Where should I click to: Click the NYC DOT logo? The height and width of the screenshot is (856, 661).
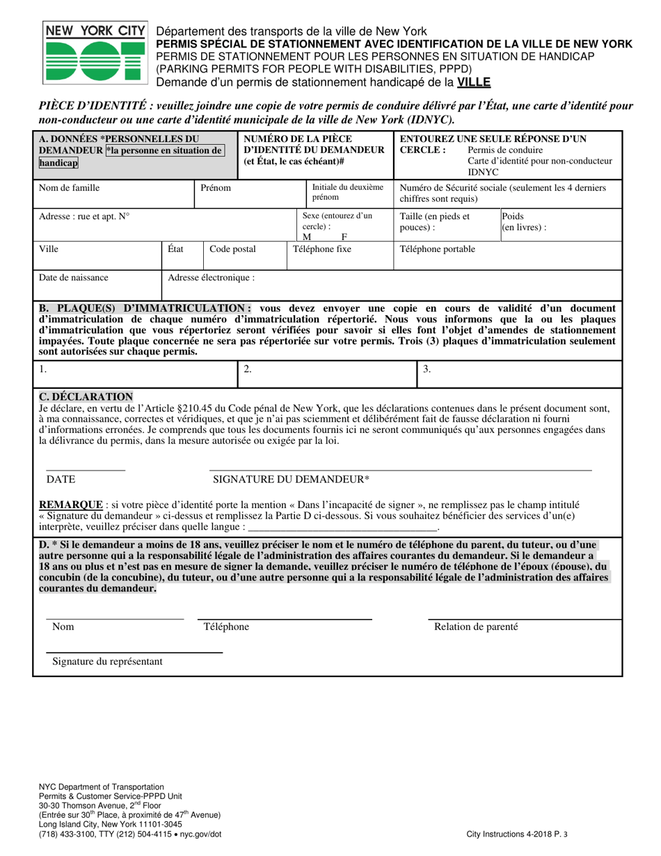point(95,55)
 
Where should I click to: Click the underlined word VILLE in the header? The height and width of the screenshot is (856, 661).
point(473,82)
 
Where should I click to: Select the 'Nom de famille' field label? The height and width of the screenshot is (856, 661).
point(69,188)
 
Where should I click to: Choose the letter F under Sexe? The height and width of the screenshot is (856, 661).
point(344,237)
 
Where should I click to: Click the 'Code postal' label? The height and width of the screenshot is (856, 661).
point(232,249)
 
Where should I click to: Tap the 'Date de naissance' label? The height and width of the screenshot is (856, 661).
point(73,277)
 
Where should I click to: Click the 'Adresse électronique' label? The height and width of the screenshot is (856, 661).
point(211,277)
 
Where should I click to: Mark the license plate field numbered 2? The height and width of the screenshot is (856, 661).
point(247,370)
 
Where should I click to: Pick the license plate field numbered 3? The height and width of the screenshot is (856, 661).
point(427,370)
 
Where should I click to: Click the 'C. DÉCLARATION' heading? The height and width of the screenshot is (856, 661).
point(86,397)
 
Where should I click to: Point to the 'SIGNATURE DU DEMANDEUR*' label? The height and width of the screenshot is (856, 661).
point(291,479)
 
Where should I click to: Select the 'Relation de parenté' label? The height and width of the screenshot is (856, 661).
point(476,627)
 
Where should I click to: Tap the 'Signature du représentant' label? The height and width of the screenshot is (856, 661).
point(107,661)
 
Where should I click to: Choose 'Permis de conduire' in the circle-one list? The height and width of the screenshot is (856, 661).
point(505,150)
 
